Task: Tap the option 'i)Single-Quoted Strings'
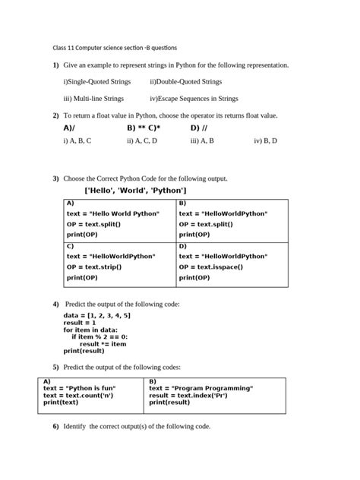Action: coord(97,82)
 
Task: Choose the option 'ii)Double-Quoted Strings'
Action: coord(186,82)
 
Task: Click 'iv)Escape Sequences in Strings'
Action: coord(194,99)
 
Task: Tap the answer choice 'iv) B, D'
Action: coord(265,141)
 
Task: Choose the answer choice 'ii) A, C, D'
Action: coord(142,141)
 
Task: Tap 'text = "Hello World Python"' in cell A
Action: coord(113,214)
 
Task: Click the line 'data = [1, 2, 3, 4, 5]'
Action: coord(97,315)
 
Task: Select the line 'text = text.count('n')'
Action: coord(78,396)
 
